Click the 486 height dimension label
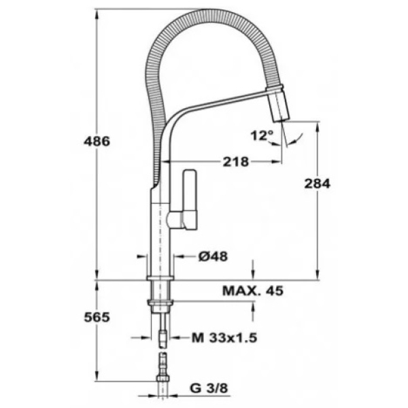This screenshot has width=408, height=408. [97, 141]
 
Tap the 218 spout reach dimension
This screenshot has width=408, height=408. [236, 162]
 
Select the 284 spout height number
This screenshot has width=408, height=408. [317, 184]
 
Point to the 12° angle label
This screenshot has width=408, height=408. [262, 135]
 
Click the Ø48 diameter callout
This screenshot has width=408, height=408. [213, 256]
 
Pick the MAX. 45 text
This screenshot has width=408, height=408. [253, 290]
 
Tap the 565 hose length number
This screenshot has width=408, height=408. [97, 317]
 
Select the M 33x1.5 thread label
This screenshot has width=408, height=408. [224, 338]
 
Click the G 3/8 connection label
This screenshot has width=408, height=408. [209, 388]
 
